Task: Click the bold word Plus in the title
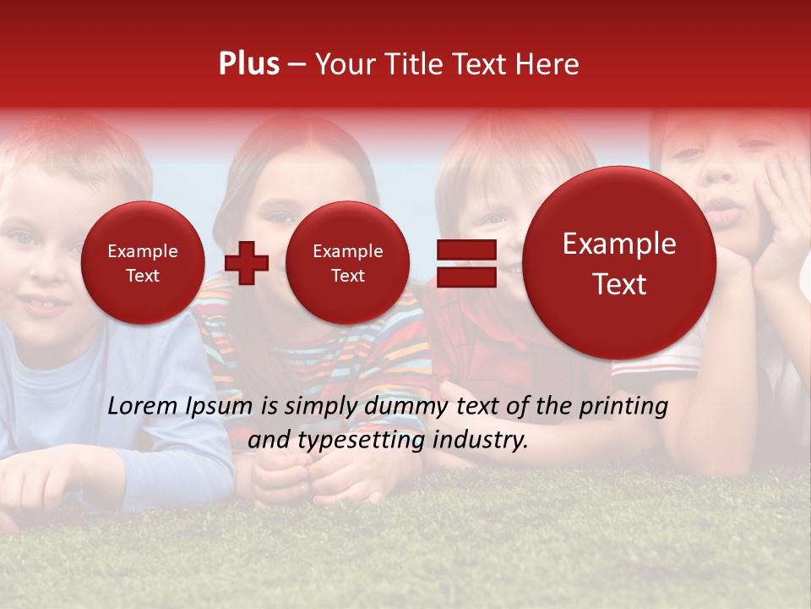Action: coord(248,64)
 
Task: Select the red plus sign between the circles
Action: coord(247,262)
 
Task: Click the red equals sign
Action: coord(465,262)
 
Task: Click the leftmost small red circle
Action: coord(142,262)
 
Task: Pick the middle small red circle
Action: coord(347,262)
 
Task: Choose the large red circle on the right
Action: coord(619,262)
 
